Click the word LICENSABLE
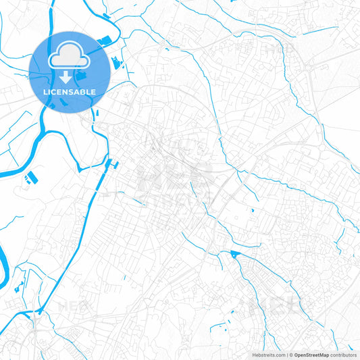pyautogui.click(x=70, y=92)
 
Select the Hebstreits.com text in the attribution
pyautogui.click(x=268, y=355)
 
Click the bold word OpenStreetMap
pyautogui.click(x=311, y=355)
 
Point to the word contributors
pyautogui.click(x=343, y=355)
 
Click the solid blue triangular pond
pyautogui.click(x=235, y=255)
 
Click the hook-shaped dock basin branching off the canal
pyautogui.click(x=113, y=164)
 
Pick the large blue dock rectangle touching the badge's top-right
pyautogui.click(x=105, y=42)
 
